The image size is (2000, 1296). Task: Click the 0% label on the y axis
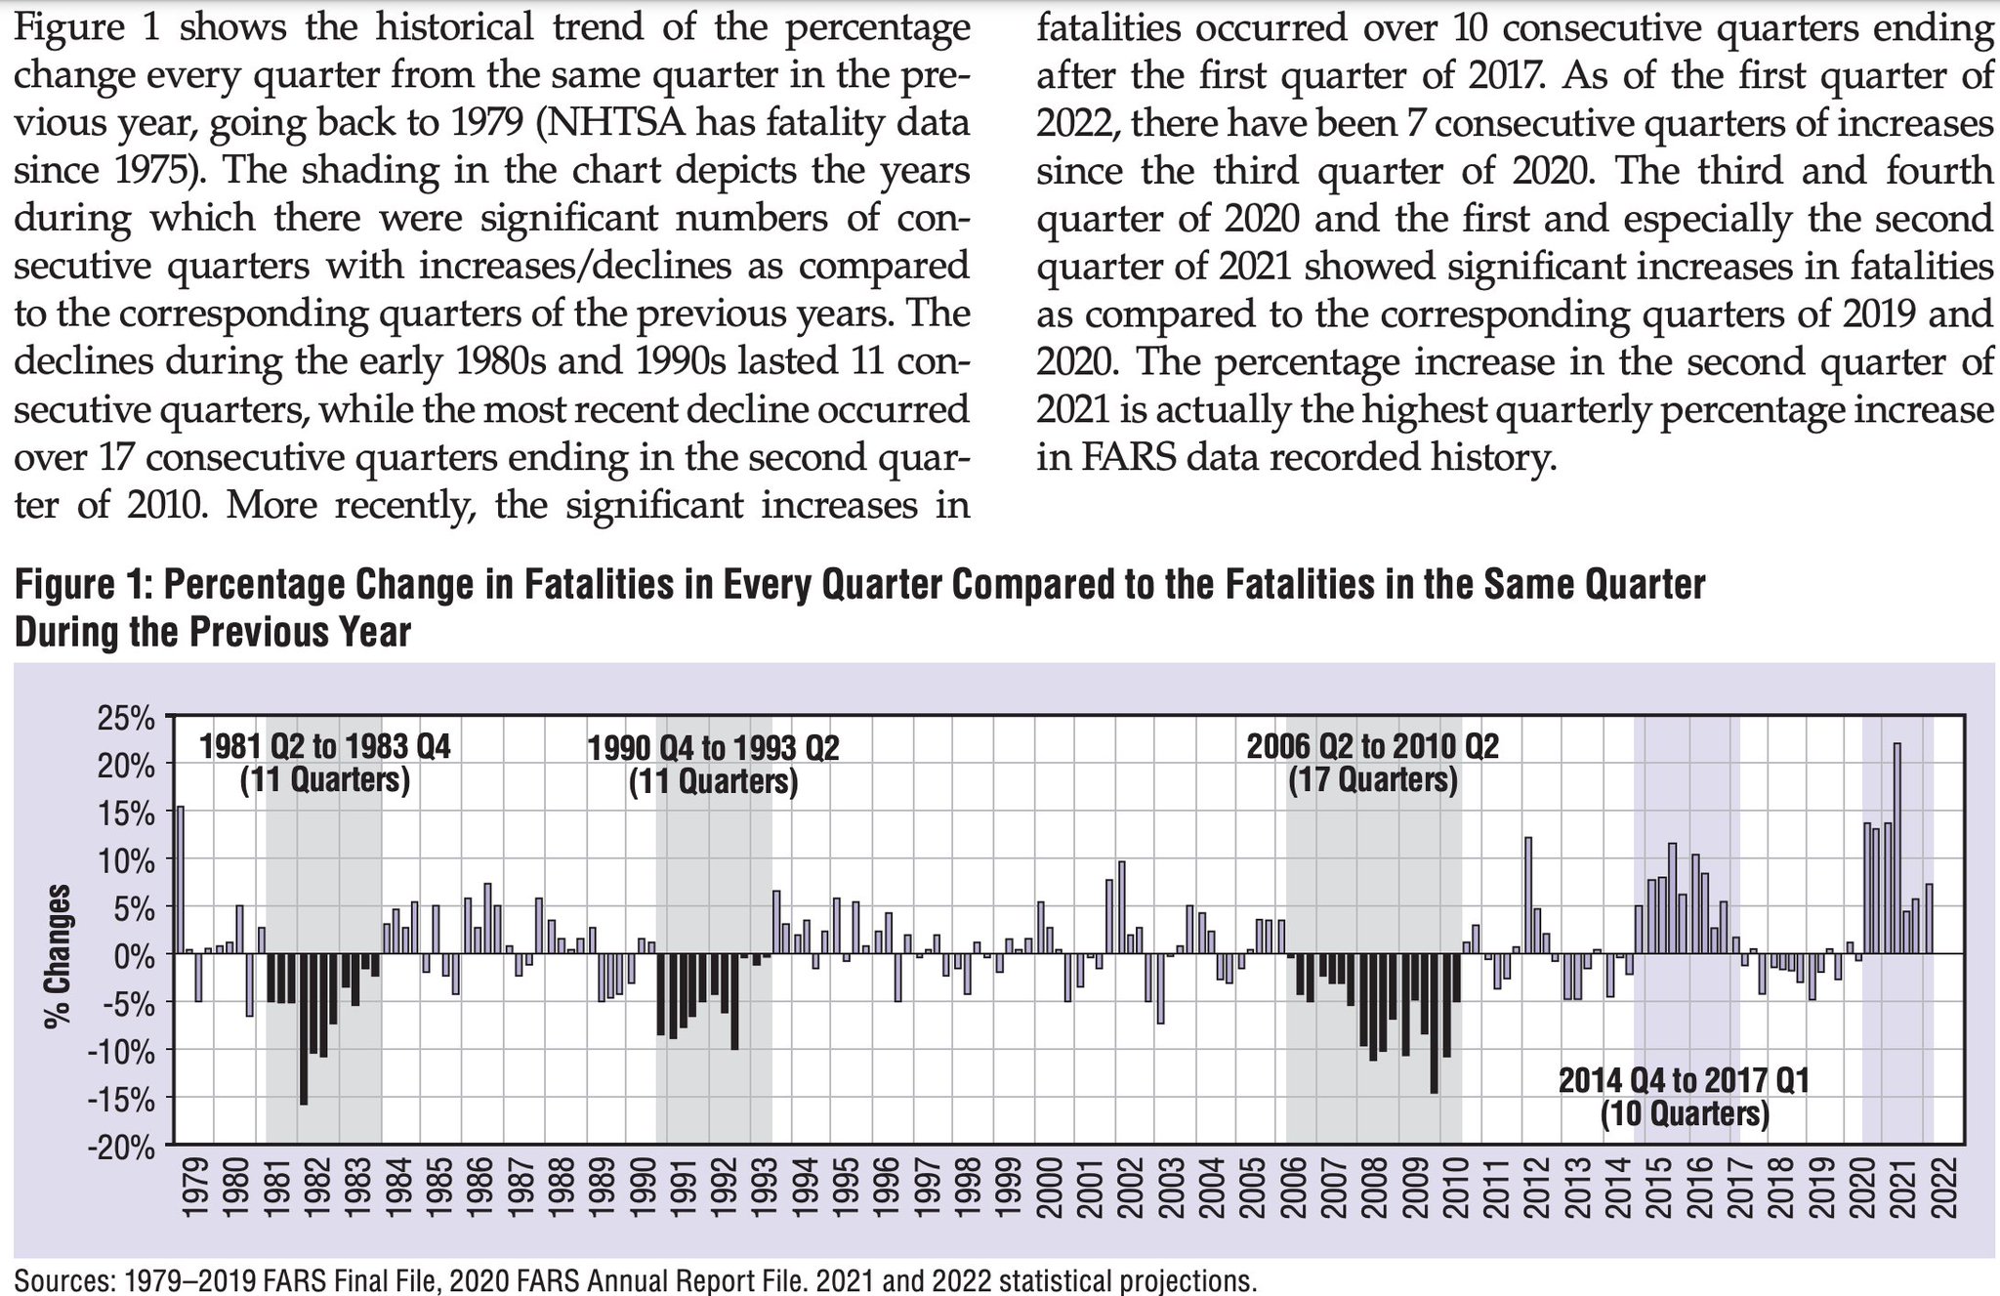click(x=138, y=955)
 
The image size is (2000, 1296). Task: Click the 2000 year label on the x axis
click(x=1049, y=1189)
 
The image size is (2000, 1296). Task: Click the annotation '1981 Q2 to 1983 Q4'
click(x=325, y=747)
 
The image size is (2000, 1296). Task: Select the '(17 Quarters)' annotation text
click(x=1372, y=780)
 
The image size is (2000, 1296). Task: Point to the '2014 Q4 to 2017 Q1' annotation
click(x=1685, y=1081)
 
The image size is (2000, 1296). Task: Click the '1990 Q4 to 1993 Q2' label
click(x=714, y=749)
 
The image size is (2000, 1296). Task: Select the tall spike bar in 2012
click(x=1527, y=895)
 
